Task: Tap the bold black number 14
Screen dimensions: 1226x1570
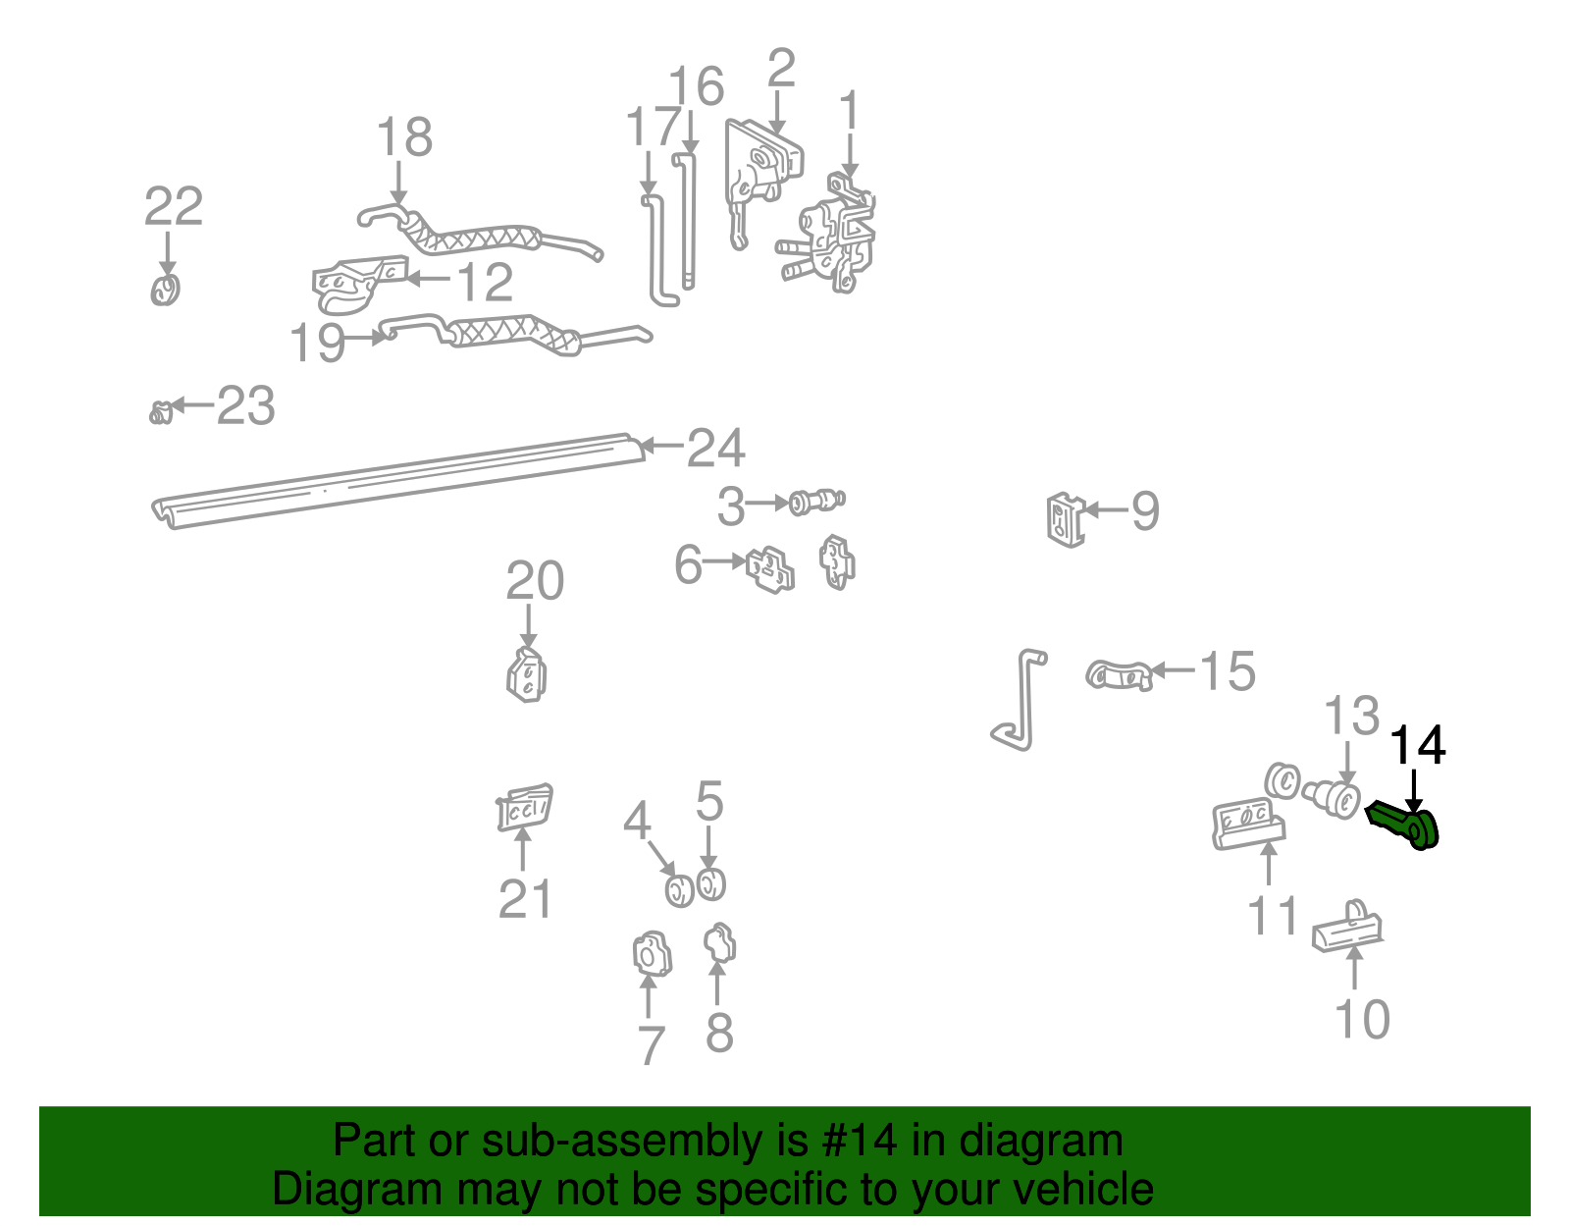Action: (x=1418, y=746)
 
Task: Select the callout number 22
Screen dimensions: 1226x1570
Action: (x=174, y=207)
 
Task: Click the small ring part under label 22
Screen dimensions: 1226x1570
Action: (x=166, y=290)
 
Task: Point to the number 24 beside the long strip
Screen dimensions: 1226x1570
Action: (x=715, y=449)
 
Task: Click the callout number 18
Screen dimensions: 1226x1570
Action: (x=404, y=137)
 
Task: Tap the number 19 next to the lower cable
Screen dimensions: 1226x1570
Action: (x=317, y=344)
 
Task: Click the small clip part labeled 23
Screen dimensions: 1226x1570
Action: (x=161, y=412)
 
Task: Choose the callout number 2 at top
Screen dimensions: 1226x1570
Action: (x=781, y=70)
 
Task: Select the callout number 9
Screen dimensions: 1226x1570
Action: (x=1145, y=511)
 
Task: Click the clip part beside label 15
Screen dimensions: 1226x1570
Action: (x=1118, y=675)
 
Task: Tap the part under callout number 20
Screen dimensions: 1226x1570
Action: (x=527, y=675)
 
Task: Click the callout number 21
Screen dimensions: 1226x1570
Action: (x=525, y=899)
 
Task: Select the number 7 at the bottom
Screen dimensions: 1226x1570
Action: (x=651, y=1045)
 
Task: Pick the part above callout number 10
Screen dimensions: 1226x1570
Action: (x=1348, y=928)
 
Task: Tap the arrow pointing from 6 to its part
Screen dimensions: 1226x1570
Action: (x=724, y=561)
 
